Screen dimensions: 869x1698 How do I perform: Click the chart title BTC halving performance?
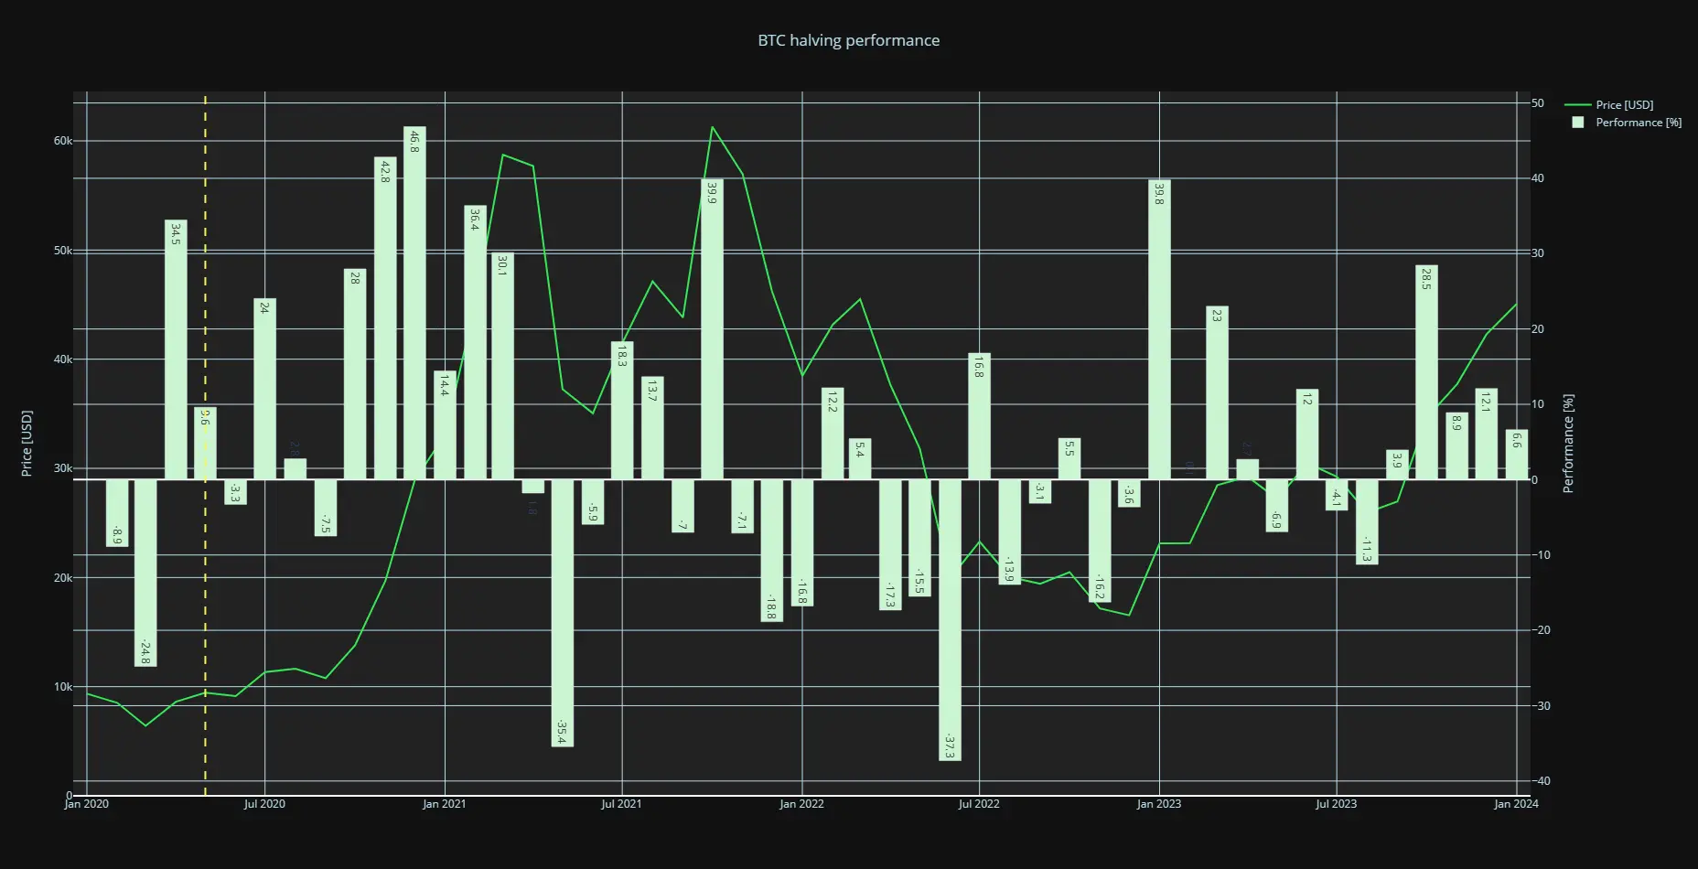point(848,40)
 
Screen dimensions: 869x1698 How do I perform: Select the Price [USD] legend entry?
point(1624,105)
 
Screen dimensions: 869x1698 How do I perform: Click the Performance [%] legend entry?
point(1638,123)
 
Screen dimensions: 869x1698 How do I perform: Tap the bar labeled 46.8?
point(414,302)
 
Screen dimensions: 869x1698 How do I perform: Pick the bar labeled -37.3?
point(950,619)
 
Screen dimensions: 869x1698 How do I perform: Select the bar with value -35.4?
point(563,613)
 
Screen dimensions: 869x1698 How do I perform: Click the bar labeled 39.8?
point(1159,329)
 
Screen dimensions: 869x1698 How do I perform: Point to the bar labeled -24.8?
point(145,573)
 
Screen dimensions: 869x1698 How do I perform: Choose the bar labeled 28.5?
point(1426,372)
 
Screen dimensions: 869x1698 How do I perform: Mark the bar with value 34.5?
point(176,349)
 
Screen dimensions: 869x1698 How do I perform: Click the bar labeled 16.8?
point(979,416)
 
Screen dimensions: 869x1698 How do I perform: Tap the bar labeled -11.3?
point(1367,521)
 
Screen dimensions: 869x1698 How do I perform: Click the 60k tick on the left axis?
point(62,141)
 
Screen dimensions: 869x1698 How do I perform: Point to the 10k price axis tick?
point(62,687)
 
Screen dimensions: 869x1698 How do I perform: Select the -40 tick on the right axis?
point(1541,780)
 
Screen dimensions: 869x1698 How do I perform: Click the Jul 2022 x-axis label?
point(979,804)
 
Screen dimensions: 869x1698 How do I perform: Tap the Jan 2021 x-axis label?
point(444,804)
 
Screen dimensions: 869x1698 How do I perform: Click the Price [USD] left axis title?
point(27,444)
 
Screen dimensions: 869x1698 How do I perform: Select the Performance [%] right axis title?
point(1568,444)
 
